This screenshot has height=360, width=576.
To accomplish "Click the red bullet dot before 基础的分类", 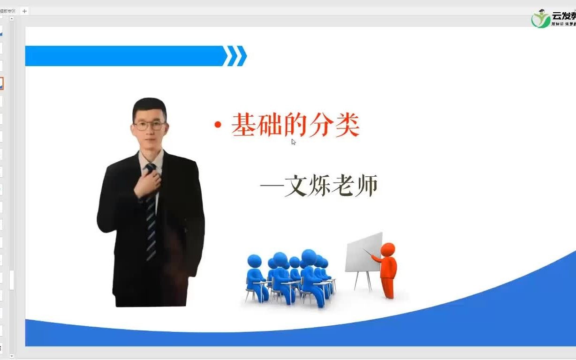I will [217, 125].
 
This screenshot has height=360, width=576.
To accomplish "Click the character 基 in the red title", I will [243, 125].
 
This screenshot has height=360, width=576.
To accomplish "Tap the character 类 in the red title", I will [347, 125].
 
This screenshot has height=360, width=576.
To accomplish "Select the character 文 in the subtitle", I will [296, 186].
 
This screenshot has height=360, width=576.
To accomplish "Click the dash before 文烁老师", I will [272, 187].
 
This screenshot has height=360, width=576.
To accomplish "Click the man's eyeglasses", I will [149, 126].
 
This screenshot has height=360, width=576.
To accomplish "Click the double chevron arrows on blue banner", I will [235, 56].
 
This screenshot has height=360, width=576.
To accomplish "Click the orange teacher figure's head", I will [388, 249].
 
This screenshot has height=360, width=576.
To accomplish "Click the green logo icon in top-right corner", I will [541, 19].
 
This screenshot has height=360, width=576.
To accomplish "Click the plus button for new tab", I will [24, 11].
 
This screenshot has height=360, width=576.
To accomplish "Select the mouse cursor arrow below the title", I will [294, 142].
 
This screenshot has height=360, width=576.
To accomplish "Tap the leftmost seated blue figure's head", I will [254, 261].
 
